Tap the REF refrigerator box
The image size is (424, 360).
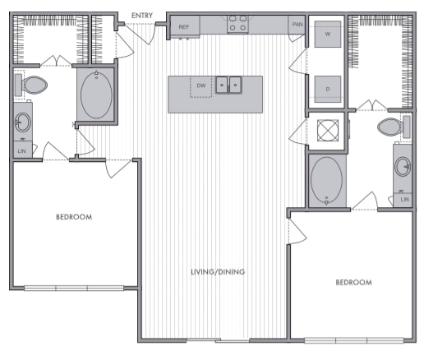pyautogui.click(x=184, y=27)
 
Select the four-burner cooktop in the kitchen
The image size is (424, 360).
pyautogui.click(x=237, y=24)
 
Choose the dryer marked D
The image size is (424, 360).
pyautogui.click(x=327, y=87)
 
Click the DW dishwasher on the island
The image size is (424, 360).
pyautogui.click(x=200, y=85)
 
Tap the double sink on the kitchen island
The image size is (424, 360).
pyautogui.click(x=229, y=85)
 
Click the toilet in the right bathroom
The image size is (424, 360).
pyautogui.click(x=389, y=127)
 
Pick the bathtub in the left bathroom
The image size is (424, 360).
pyautogui.click(x=96, y=95)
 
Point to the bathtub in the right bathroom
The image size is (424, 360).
pyautogui.click(x=327, y=179)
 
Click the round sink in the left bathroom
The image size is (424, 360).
pyautogui.click(x=22, y=123)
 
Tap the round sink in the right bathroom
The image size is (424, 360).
pyautogui.click(x=403, y=167)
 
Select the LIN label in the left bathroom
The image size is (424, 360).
pyautogui.click(x=21, y=150)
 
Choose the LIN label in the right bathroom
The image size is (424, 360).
pyautogui.click(x=403, y=199)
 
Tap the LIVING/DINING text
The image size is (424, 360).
pyautogui.click(x=218, y=272)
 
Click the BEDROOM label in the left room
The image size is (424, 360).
pyautogui.click(x=74, y=217)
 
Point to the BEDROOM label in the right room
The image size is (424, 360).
pyautogui.click(x=353, y=282)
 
